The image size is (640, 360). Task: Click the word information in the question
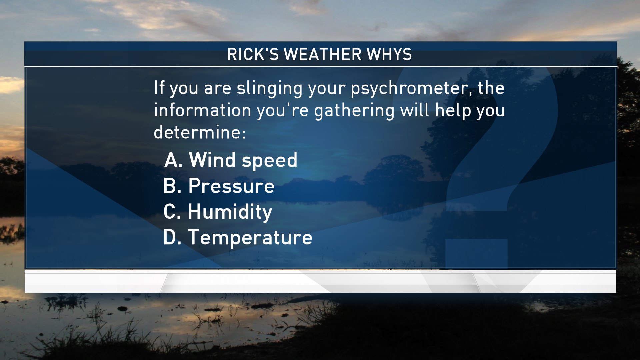[202, 110]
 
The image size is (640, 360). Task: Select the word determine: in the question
[200, 132]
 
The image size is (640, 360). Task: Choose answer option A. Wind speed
[231, 160]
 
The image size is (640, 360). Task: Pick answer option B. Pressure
[219, 186]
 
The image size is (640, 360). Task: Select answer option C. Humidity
[218, 212]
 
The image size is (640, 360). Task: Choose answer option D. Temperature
[238, 238]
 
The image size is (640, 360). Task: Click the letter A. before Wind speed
[173, 160]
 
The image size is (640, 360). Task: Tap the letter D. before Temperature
[172, 237]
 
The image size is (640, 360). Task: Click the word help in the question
[453, 110]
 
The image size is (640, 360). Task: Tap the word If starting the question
[159, 88]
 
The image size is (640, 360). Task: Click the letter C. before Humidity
[172, 212]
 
